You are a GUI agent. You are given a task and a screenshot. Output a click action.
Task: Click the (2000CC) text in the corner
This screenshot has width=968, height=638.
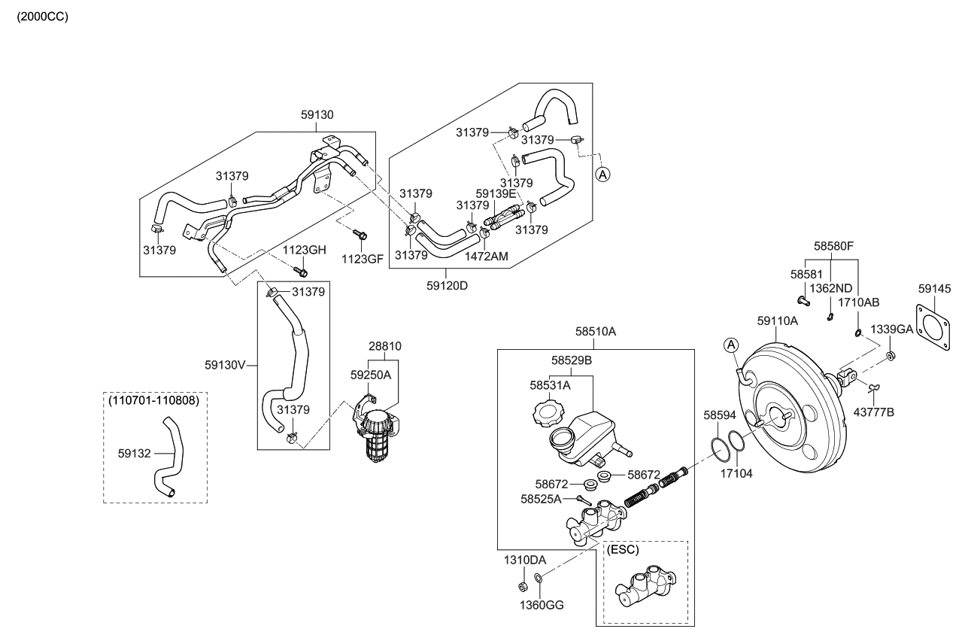tap(42, 17)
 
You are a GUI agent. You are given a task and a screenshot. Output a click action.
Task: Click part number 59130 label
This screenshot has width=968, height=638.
tap(317, 115)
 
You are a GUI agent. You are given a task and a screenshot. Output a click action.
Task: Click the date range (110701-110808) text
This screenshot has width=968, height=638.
tap(155, 401)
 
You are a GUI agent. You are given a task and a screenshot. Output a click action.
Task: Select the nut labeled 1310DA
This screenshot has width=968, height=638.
tap(522, 587)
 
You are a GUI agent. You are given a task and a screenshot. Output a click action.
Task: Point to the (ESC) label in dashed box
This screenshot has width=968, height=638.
tap(622, 550)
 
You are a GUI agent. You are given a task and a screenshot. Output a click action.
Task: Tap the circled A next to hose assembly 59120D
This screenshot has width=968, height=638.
tap(602, 174)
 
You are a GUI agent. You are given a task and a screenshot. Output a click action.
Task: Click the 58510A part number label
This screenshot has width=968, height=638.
tap(596, 331)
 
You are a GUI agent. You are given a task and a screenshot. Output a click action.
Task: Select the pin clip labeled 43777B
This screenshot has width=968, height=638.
tap(872, 387)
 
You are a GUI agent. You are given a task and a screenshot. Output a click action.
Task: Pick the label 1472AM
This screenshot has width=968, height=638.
tap(487, 257)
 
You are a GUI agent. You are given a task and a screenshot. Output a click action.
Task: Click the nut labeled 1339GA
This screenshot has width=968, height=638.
tap(890, 355)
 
